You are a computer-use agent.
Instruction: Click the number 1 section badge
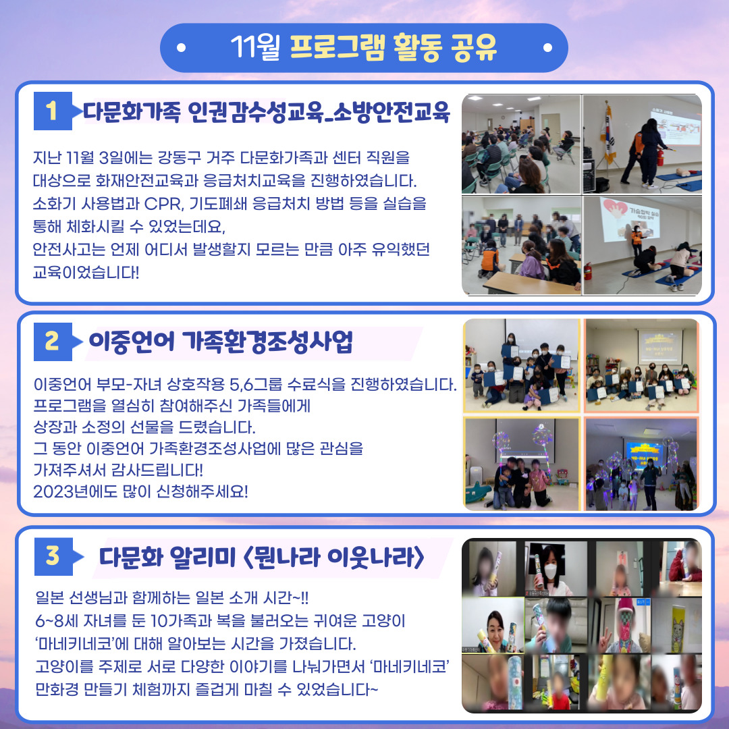point(53,111)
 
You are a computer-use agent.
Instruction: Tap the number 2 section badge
point(53,342)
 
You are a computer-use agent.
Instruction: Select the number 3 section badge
point(53,556)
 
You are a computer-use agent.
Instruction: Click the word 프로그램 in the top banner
point(337,48)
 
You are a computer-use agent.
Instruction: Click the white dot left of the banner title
point(182,47)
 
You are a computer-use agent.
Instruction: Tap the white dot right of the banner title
point(547,47)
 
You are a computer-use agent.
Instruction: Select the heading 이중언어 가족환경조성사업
point(221,342)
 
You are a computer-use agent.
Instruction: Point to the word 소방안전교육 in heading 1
point(392,111)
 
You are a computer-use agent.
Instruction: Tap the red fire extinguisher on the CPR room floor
point(588,271)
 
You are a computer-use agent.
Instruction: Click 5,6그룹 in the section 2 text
point(256,385)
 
